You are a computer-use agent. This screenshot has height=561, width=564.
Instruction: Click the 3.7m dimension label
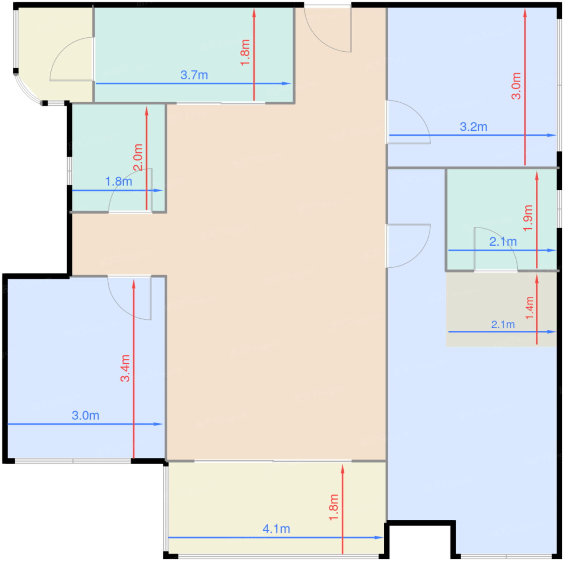pyautogui.click(x=194, y=75)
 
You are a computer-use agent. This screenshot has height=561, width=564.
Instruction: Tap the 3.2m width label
pyautogui.click(x=473, y=127)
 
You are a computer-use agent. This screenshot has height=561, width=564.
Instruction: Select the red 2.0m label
pyautogui.click(x=138, y=157)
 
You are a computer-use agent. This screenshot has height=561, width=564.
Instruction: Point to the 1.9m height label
pyautogui.click(x=528, y=218)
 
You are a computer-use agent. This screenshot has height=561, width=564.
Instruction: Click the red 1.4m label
pyautogui.click(x=529, y=308)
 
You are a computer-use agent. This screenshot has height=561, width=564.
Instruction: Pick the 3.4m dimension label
pyautogui.click(x=125, y=368)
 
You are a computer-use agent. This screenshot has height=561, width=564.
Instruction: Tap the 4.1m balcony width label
pyautogui.click(x=276, y=529)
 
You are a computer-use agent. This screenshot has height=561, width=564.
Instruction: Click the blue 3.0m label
pyautogui.click(x=85, y=415)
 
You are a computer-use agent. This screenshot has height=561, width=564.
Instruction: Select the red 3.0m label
pyautogui.click(x=516, y=86)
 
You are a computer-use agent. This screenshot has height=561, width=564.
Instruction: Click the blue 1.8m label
pyautogui.click(x=118, y=181)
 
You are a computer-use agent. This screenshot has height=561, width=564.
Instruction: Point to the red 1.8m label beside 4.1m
pyautogui.click(x=334, y=507)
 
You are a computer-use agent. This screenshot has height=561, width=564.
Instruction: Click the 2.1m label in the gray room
pyautogui.click(x=503, y=325)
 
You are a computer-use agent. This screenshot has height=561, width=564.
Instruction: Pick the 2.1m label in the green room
pyautogui.click(x=503, y=242)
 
